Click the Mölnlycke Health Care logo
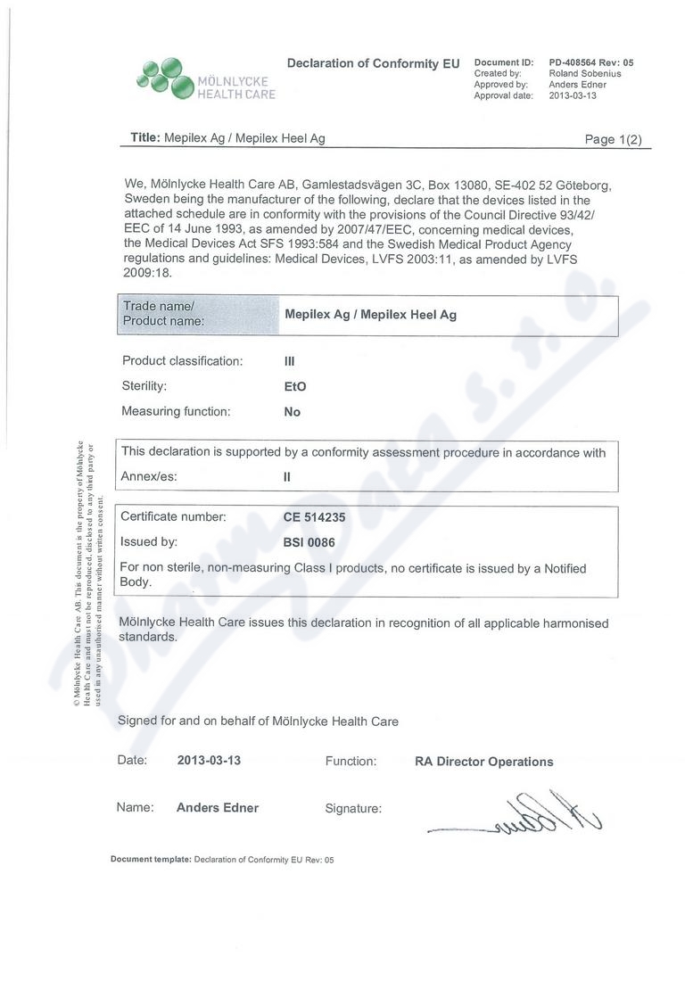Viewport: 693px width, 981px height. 205,78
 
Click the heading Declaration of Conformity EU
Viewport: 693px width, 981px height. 373,63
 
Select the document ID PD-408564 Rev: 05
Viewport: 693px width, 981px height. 590,62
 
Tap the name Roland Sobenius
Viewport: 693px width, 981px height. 584,73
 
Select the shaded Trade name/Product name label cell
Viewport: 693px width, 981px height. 198,314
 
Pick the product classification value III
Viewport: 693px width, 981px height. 289,361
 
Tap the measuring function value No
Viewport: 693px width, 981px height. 292,412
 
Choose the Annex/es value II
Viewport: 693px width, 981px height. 287,476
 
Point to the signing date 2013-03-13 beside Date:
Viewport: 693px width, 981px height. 209,761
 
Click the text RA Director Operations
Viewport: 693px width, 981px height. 483,762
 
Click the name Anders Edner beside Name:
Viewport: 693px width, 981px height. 218,808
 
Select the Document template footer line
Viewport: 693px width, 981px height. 221,860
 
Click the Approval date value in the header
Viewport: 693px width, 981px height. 573,95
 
